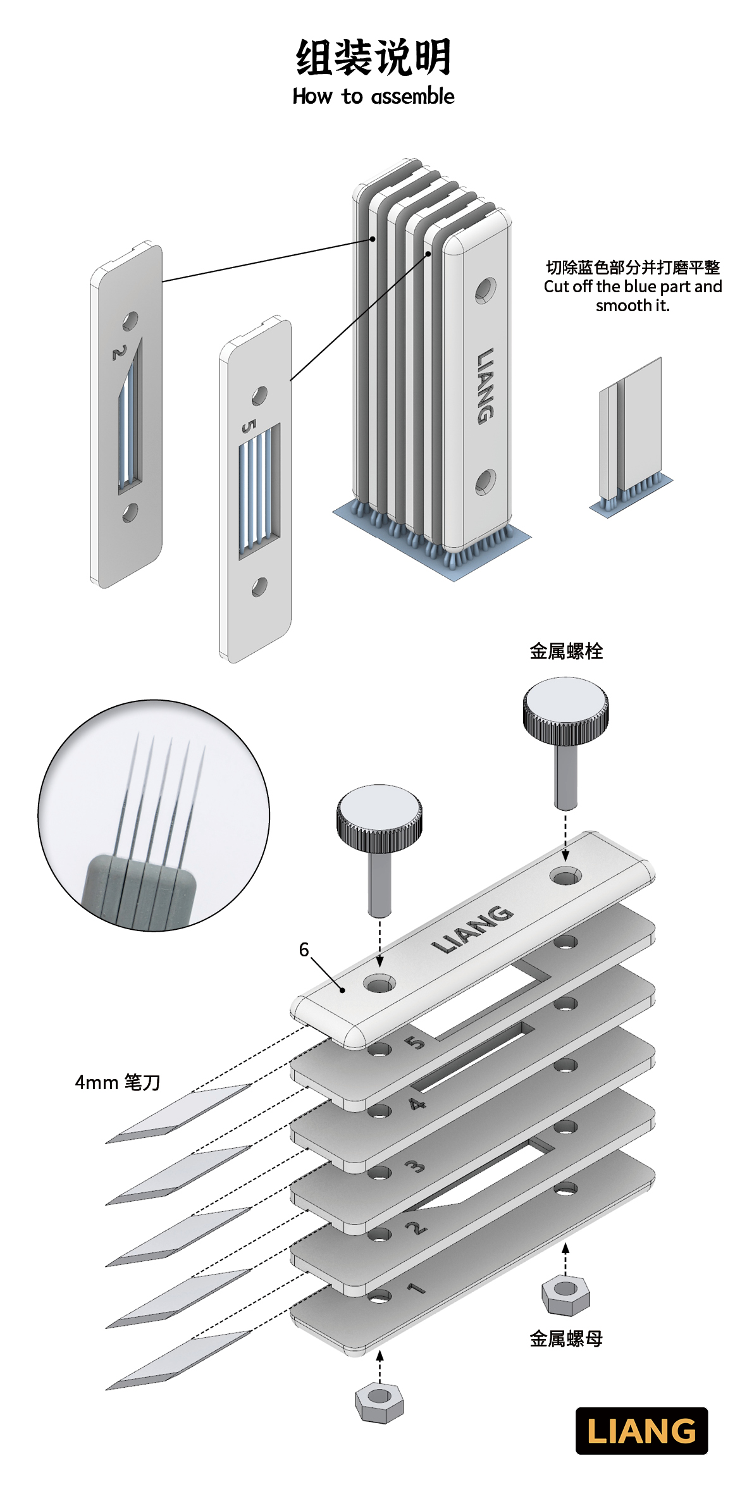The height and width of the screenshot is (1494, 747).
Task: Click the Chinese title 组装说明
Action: click(x=373, y=57)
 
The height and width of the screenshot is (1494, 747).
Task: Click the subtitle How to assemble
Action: click(x=373, y=97)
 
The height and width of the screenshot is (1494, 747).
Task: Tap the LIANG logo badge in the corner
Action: click(x=641, y=1431)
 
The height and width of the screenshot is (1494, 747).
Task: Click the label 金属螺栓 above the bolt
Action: click(x=566, y=651)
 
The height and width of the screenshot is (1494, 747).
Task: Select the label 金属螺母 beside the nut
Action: click(x=566, y=1338)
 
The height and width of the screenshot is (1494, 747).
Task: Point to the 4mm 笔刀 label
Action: click(x=118, y=1082)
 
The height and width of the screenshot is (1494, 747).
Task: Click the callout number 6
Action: click(x=304, y=949)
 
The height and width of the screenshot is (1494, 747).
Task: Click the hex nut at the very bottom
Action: click(x=379, y=1402)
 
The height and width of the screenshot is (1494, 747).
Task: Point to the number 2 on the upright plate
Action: click(x=118, y=353)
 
